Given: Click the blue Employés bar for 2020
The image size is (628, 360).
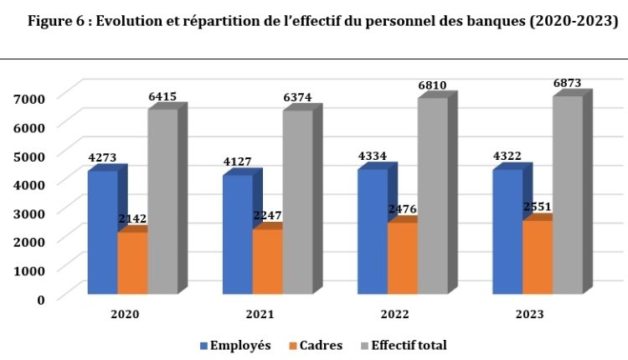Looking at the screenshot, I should [x=102, y=232].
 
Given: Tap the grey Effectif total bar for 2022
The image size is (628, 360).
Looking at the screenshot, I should [x=433, y=196].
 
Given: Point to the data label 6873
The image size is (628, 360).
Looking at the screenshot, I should [x=567, y=83].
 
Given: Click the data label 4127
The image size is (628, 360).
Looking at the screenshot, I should [x=237, y=162].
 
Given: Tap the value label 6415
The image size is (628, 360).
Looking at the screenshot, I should [x=162, y=96].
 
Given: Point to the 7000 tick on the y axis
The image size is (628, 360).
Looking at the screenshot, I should [x=29, y=99].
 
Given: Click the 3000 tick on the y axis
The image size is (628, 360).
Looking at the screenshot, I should [x=29, y=213].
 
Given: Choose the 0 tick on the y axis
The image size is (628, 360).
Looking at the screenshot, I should [x=40, y=299].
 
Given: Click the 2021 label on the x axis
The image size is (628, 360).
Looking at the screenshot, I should [x=260, y=314].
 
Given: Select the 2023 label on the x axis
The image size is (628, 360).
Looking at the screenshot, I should [x=529, y=314].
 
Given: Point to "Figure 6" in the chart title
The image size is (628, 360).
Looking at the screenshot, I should [x=54, y=22].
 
